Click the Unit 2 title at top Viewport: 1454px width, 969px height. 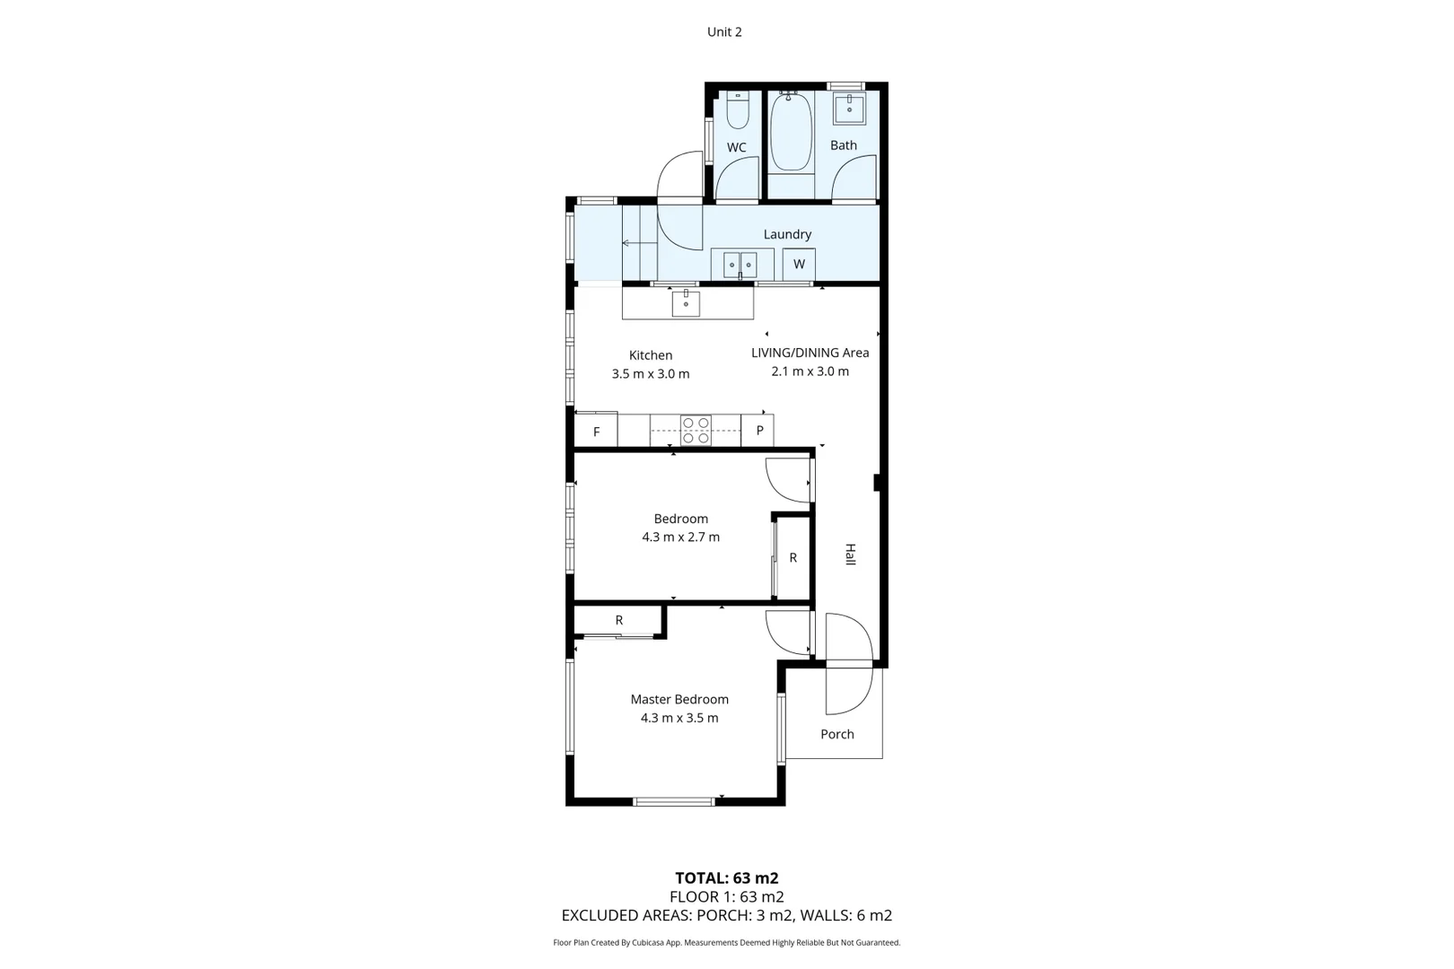tap(724, 32)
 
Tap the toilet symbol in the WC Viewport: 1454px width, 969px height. tap(738, 110)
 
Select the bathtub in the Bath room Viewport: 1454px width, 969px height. tap(791, 132)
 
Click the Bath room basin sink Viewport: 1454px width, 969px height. tap(849, 109)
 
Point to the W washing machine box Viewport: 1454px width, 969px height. tap(799, 265)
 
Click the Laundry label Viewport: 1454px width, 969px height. tap(787, 234)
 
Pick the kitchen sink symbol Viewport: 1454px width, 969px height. tap(686, 303)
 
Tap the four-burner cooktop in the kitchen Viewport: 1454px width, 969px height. tap(696, 431)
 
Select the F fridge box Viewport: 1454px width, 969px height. tap(596, 432)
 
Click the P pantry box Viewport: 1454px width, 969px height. tap(759, 431)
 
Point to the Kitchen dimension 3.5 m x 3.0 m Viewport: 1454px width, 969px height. tap(651, 374)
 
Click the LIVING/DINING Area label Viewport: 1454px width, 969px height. tap(810, 353)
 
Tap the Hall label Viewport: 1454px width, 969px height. tap(850, 554)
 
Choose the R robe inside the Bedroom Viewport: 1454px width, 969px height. tap(793, 558)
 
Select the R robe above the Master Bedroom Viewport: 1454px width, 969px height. tap(618, 620)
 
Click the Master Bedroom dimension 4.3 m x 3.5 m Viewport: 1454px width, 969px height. tap(679, 718)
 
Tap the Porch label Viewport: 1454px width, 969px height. tap(837, 734)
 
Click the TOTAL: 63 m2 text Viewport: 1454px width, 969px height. tap(727, 878)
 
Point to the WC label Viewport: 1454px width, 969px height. tap(737, 148)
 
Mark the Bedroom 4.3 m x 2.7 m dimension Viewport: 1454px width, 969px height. tap(680, 537)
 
